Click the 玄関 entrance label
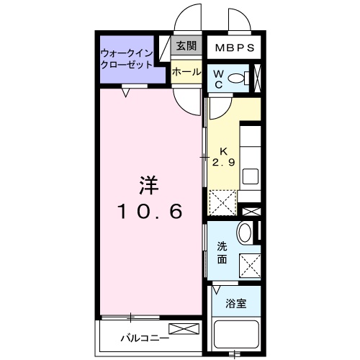coord(186,46)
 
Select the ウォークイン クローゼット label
coord(127,58)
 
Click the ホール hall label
coord(186,72)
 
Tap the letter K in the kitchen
coord(222,151)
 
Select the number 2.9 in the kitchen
coord(222,163)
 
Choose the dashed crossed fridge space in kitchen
coord(222,202)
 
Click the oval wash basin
coord(246,235)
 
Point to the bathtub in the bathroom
coord(237,337)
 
